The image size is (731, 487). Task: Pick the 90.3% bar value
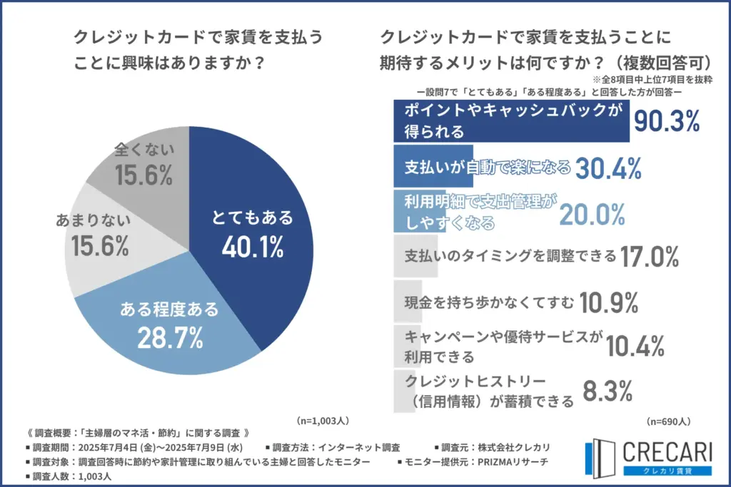pos(667,122)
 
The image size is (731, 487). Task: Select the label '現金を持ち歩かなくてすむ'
pos(489,303)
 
